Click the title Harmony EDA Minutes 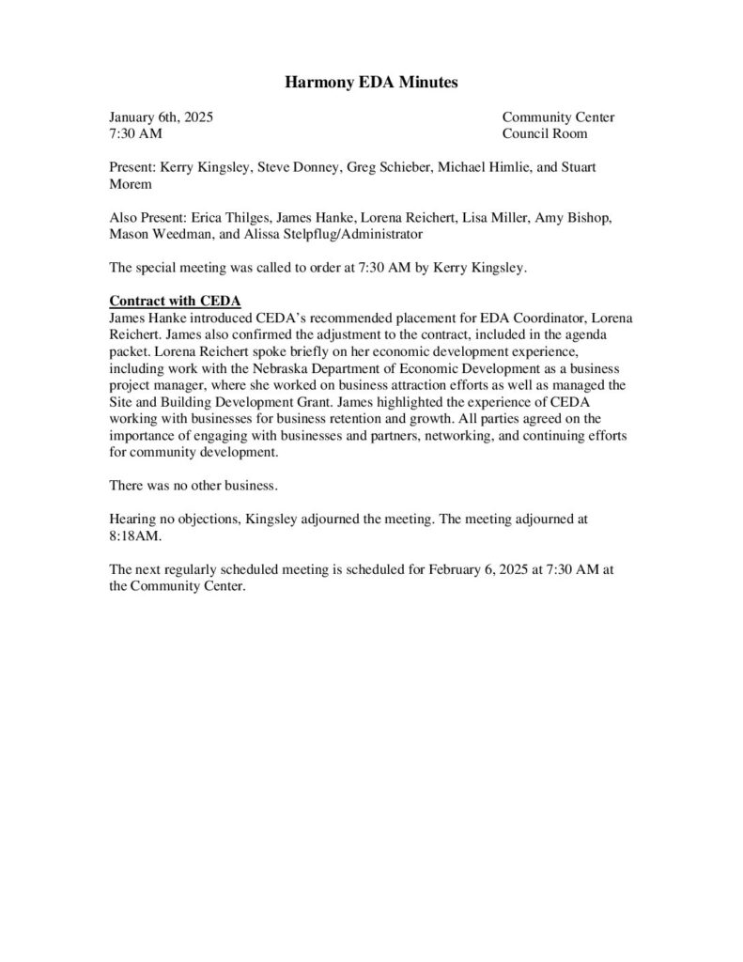371,84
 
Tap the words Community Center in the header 558,117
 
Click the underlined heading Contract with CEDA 176,302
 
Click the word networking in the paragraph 436,435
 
